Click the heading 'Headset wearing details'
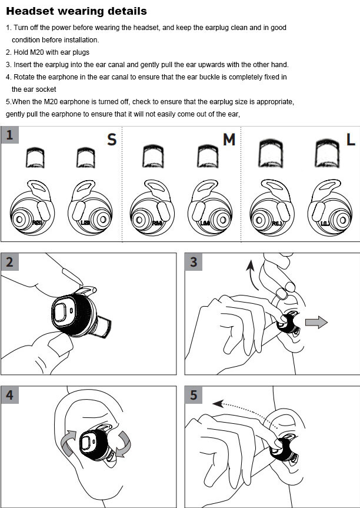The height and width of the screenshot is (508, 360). [x=76, y=11]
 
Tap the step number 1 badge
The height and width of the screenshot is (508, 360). [x=9, y=135]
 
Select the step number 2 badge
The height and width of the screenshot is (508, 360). [x=9, y=262]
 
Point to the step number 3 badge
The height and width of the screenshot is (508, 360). [x=194, y=262]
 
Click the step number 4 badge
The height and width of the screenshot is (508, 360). [x=9, y=395]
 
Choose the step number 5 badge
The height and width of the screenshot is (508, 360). [x=194, y=395]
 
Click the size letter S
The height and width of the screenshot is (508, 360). [x=111, y=140]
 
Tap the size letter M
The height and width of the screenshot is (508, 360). [x=229, y=140]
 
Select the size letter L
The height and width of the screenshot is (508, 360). [x=351, y=140]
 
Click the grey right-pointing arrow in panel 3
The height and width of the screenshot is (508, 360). [x=316, y=322]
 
